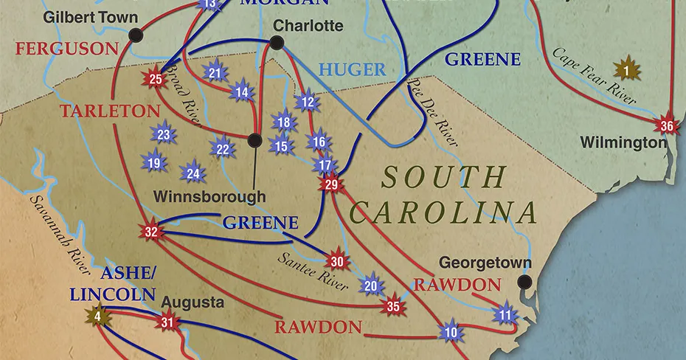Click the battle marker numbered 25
pos(156,80)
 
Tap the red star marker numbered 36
pos(667,126)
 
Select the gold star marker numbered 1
pos(627,71)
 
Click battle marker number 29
pos(330,184)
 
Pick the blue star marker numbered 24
pos(193,174)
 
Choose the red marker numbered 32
pos(151,232)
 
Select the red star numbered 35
pos(393,306)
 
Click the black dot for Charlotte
pos(277,43)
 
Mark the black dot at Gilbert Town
pos(135,34)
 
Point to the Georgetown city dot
pos(524,281)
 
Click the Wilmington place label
pos(623,142)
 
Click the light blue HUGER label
pos(352,70)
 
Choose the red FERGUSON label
pos(66,49)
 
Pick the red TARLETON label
pos(110,111)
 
